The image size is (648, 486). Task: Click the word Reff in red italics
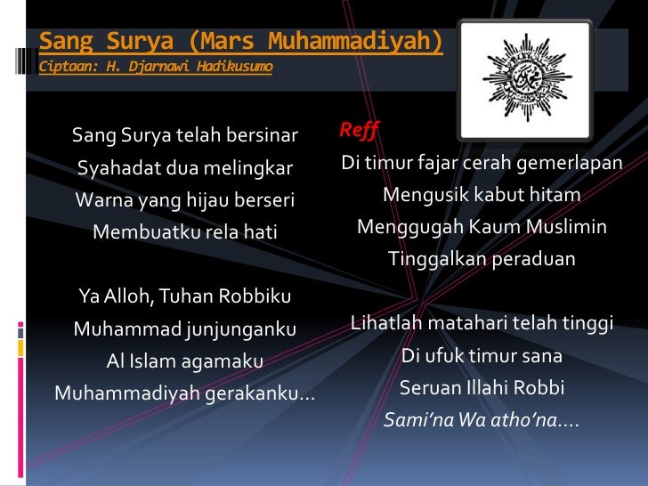point(359,131)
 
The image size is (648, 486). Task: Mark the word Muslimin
point(563,227)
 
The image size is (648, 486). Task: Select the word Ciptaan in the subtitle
point(66,67)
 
